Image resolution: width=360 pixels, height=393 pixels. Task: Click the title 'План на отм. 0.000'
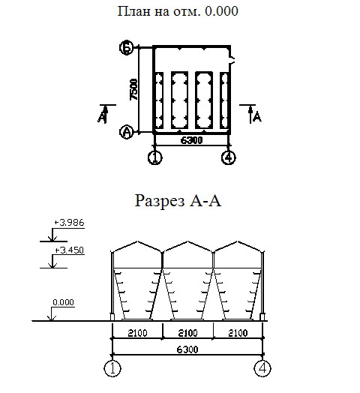click(178, 11)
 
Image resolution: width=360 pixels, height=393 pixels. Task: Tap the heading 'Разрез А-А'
click(178, 200)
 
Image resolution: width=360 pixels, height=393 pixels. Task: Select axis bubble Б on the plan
click(127, 47)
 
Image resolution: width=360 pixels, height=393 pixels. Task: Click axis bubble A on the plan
click(127, 131)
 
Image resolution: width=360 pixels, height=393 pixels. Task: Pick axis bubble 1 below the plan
click(155, 157)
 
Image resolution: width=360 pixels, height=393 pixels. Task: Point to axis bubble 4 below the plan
click(229, 157)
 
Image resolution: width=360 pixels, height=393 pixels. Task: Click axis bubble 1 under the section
click(112, 368)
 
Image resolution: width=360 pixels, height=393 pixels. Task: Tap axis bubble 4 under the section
click(262, 368)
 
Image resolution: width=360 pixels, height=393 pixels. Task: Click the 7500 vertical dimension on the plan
click(133, 89)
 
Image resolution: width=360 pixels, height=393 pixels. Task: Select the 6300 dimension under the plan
click(191, 140)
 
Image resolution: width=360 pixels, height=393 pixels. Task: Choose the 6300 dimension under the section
click(187, 349)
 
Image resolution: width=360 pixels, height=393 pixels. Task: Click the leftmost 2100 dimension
click(138, 333)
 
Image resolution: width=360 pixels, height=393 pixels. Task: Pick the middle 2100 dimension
click(187, 333)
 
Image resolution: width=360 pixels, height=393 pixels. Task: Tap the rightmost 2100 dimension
click(238, 333)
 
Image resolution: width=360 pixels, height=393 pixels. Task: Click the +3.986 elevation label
click(69, 223)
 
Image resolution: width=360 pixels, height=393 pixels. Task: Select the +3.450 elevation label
click(69, 250)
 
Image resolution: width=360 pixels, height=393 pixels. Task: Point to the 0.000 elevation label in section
click(64, 302)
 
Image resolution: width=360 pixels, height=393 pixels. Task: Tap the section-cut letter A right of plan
click(257, 117)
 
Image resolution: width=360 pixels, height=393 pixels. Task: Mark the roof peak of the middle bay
click(187, 241)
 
